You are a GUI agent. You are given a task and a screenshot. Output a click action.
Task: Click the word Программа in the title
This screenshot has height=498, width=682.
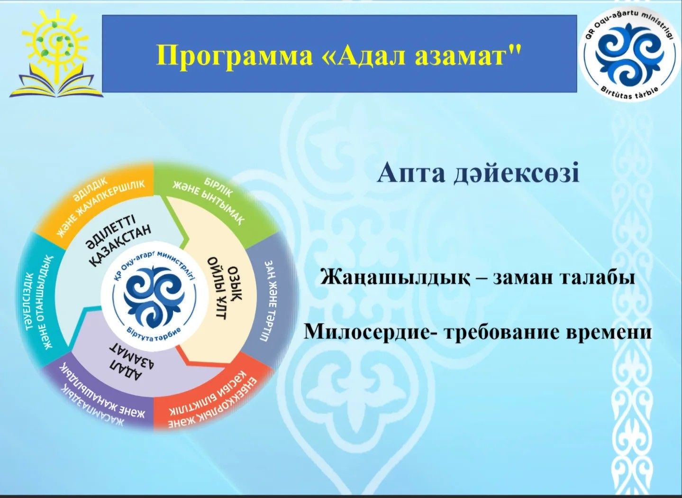234,55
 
